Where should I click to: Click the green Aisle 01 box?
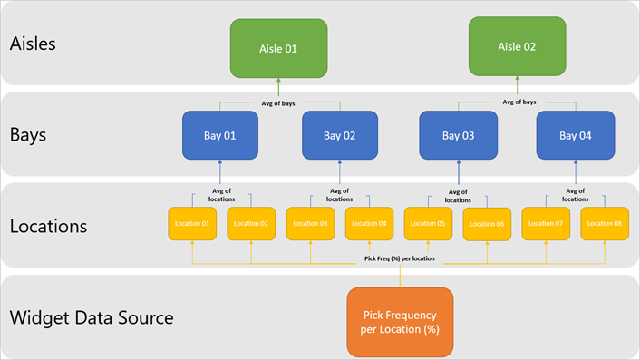(278, 48)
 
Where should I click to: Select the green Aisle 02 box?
(518, 46)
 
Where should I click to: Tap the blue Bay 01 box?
(220, 136)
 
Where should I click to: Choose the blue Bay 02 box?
(339, 136)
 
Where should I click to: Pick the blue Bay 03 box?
(458, 136)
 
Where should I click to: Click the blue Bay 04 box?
(576, 136)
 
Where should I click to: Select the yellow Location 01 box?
(192, 223)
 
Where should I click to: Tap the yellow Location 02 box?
(251, 223)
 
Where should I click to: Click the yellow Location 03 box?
(310, 223)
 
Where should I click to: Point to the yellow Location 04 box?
(369, 223)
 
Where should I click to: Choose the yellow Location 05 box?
(428, 223)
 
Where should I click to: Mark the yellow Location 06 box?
(487, 224)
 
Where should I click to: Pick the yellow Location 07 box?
(546, 223)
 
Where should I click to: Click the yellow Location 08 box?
(605, 223)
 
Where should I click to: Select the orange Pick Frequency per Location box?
(400, 321)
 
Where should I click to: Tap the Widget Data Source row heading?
(91, 318)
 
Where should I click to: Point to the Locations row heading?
(48, 226)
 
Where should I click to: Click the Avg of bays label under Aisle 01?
(278, 102)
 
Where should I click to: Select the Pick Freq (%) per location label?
(399, 258)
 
